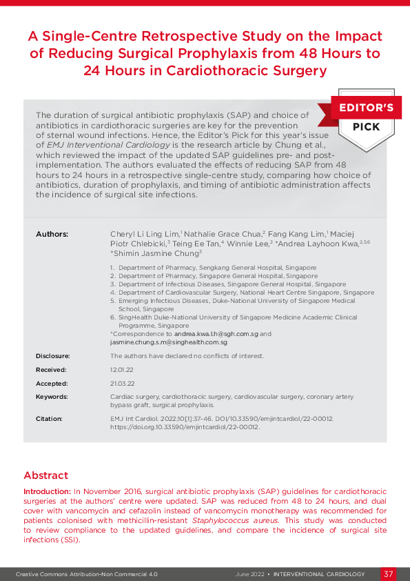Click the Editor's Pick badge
[365, 118]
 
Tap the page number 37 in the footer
[389, 574]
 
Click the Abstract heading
[45, 475]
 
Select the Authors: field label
[52, 235]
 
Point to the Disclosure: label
[53, 356]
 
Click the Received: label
[52, 370]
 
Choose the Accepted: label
[52, 383]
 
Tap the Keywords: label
[52, 397]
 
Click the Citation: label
[49, 419]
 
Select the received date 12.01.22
[122, 370]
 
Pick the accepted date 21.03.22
[122, 383]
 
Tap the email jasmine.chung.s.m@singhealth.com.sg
[169, 342]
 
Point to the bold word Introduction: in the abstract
[47, 491]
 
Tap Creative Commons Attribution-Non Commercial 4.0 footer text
[87, 574]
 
